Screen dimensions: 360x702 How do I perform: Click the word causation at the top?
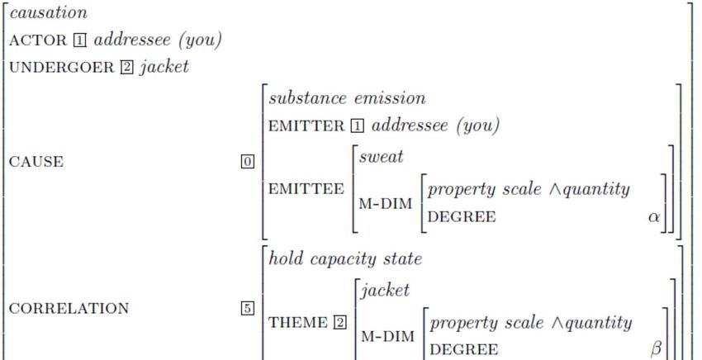tap(49, 14)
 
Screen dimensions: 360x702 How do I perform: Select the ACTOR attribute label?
tap(32, 40)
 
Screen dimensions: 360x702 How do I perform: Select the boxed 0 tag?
tap(246, 162)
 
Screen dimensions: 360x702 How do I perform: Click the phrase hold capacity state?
tap(345, 259)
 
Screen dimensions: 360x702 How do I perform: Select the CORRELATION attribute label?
tap(69, 309)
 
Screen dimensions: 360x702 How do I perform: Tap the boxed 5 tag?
tap(246, 309)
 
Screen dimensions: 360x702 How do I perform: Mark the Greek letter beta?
tap(657, 349)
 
